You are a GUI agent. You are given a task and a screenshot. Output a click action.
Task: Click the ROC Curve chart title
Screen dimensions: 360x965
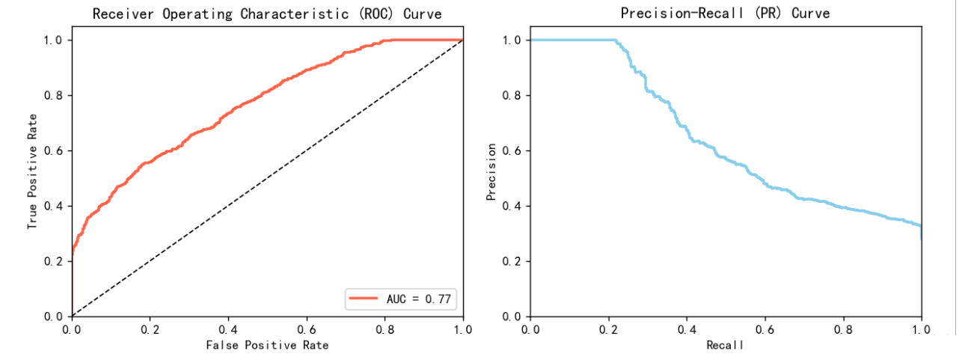(x=267, y=14)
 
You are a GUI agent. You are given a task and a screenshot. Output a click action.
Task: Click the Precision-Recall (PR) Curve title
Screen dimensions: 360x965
(x=725, y=14)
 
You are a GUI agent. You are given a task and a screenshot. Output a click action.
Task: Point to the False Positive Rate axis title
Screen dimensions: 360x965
(x=267, y=345)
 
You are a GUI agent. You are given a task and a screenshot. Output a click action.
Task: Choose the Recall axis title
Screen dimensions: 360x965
(x=725, y=345)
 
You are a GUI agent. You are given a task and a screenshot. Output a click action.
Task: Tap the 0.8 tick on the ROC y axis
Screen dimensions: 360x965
(x=55, y=96)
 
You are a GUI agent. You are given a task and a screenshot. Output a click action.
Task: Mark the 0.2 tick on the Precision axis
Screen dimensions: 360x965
(x=512, y=261)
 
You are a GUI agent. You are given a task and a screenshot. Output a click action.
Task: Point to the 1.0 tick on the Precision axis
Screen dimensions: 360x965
(x=512, y=40)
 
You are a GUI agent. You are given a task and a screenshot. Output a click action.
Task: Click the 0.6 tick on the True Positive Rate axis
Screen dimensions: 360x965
(x=55, y=151)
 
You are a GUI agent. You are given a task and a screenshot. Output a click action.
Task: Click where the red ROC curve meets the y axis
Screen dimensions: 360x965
(x=72, y=254)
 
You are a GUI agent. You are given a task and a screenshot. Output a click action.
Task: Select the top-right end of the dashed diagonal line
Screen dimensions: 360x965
(x=463, y=40)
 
